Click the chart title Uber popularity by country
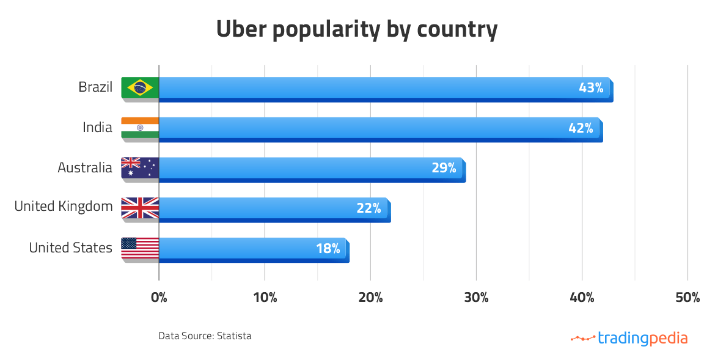click(x=357, y=29)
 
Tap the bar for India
click(x=361, y=128)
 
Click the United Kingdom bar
click(x=257, y=208)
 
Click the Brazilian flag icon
click(x=140, y=88)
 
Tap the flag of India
click(x=140, y=128)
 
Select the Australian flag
click(x=140, y=168)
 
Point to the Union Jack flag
click(x=140, y=208)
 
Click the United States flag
click(x=140, y=248)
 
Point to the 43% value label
click(x=591, y=88)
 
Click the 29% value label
click(x=444, y=168)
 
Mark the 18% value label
click(x=328, y=249)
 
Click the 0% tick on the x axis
click(x=159, y=298)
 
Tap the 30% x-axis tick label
click(x=476, y=298)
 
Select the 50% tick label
click(x=687, y=298)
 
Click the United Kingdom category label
click(x=64, y=207)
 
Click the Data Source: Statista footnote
click(x=205, y=336)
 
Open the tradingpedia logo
click(x=629, y=338)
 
